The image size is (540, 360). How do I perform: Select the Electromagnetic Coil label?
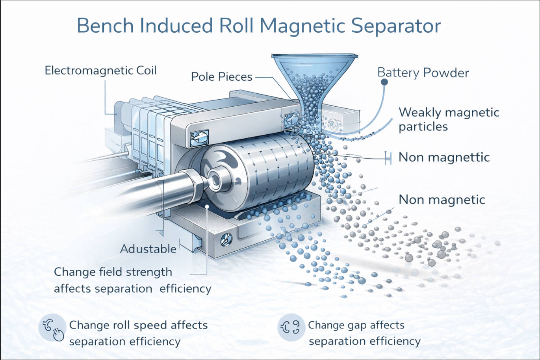tap(100, 71)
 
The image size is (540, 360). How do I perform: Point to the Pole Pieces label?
tap(221, 77)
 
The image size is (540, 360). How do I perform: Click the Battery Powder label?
tap(423, 73)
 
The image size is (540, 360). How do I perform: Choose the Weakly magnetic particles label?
tap(449, 119)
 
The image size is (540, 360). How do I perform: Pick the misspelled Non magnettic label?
tap(444, 157)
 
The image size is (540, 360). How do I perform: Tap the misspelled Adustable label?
tap(148, 249)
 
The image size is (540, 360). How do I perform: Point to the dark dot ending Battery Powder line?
tap(384, 82)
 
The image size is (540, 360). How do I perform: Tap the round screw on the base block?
tap(226, 238)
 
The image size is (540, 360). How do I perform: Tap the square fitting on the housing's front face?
tap(199, 138)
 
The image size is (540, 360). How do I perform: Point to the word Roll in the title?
tap(236, 26)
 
